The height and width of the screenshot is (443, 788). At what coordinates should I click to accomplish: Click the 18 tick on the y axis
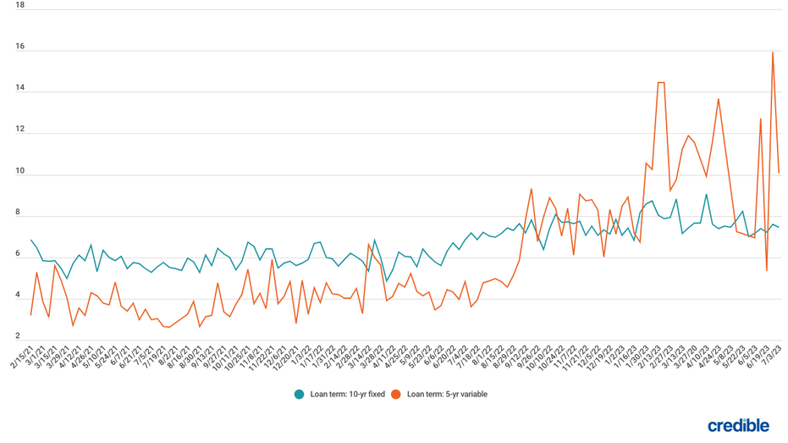pyautogui.click(x=20, y=6)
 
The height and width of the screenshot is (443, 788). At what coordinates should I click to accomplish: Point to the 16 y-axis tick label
pyautogui.click(x=20, y=47)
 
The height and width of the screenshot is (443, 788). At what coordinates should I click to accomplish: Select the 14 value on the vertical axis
pyautogui.click(x=20, y=88)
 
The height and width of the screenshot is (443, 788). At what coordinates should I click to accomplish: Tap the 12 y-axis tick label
pyautogui.click(x=20, y=130)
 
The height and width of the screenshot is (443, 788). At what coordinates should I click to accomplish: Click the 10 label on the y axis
pyautogui.click(x=20, y=172)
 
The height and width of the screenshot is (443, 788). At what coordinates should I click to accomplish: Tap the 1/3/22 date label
pyautogui.click(x=298, y=356)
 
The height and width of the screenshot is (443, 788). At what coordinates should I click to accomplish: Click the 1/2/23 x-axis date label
pyautogui.click(x=613, y=356)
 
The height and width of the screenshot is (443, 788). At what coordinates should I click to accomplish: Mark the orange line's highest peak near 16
pyautogui.click(x=773, y=53)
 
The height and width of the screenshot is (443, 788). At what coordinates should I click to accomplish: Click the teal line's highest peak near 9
pyautogui.click(x=706, y=195)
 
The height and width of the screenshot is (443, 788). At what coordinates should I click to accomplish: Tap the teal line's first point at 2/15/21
pyautogui.click(x=31, y=241)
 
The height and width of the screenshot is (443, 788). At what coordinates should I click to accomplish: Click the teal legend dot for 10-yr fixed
pyautogui.click(x=299, y=394)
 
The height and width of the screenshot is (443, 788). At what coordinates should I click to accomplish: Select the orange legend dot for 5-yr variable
pyautogui.click(x=395, y=394)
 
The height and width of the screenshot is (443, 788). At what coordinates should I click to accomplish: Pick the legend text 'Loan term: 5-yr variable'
pyautogui.click(x=447, y=394)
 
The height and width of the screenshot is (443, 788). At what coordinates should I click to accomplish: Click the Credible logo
pyautogui.click(x=738, y=425)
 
